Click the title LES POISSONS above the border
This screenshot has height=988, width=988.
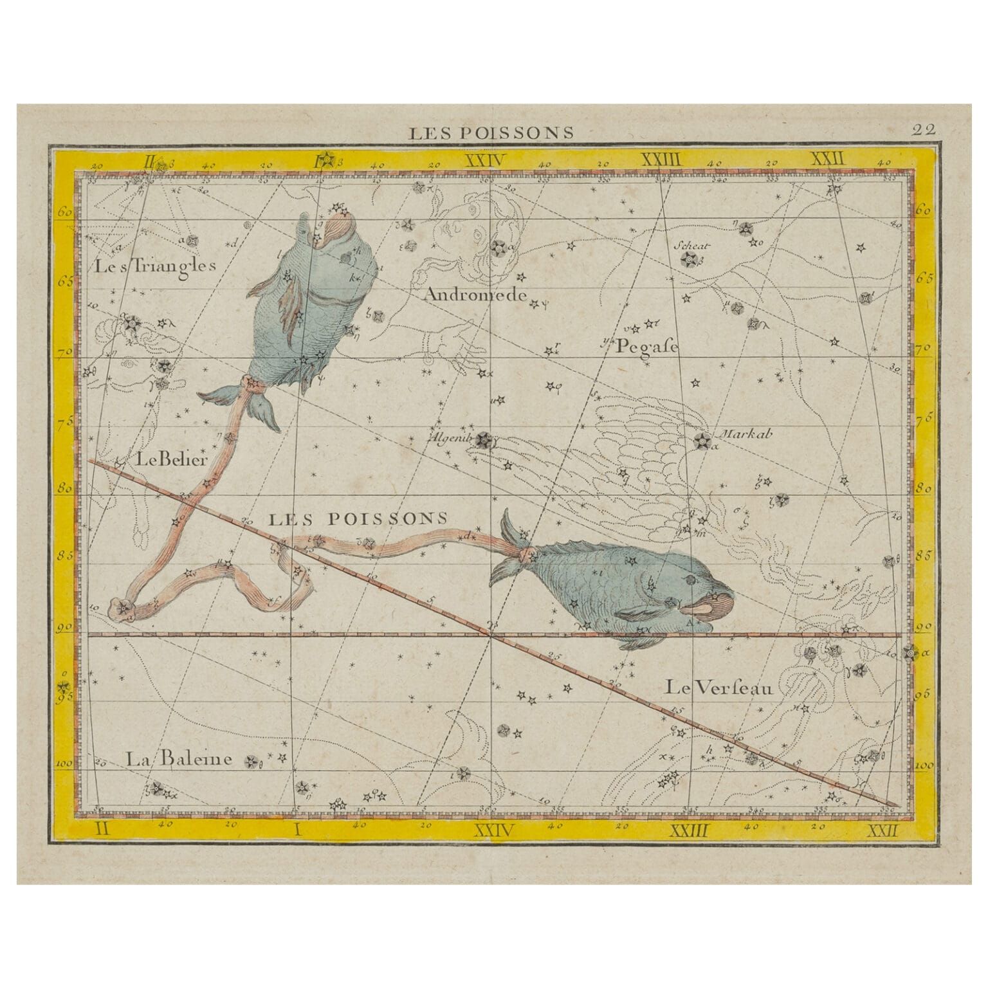[492, 133]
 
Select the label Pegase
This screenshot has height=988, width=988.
[647, 347]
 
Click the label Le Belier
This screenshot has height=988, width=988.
[171, 459]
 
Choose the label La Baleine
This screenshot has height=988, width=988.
[178, 759]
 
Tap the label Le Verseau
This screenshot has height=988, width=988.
[718, 688]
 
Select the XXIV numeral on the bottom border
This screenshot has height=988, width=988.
[493, 830]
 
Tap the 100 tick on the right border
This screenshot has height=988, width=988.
[924, 766]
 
